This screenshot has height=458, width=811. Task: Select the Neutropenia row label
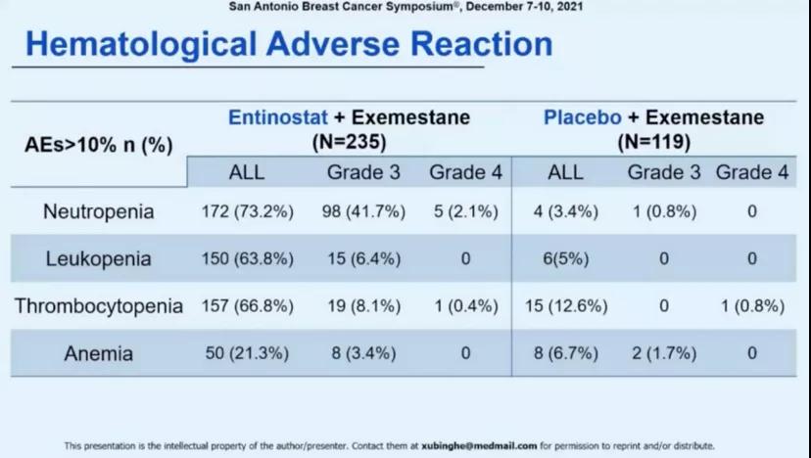tap(97, 212)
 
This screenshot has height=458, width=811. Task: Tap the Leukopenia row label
tap(98, 259)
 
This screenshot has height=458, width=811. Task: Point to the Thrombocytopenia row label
tap(98, 306)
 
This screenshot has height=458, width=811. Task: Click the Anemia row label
tap(97, 353)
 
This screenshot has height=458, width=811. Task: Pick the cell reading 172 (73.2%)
tap(247, 212)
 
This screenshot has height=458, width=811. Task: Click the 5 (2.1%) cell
tap(464, 212)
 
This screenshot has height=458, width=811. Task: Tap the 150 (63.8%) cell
tap(247, 259)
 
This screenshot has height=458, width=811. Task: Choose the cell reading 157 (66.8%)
tap(247, 306)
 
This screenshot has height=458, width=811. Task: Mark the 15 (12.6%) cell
tap(565, 306)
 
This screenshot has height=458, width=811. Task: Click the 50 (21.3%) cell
tap(247, 353)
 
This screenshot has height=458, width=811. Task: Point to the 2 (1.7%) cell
tap(663, 353)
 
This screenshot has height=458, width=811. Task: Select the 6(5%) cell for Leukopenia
tap(565, 259)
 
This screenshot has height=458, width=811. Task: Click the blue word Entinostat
tap(275, 117)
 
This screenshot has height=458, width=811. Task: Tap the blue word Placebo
tap(583, 117)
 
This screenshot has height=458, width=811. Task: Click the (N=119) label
tap(654, 142)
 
